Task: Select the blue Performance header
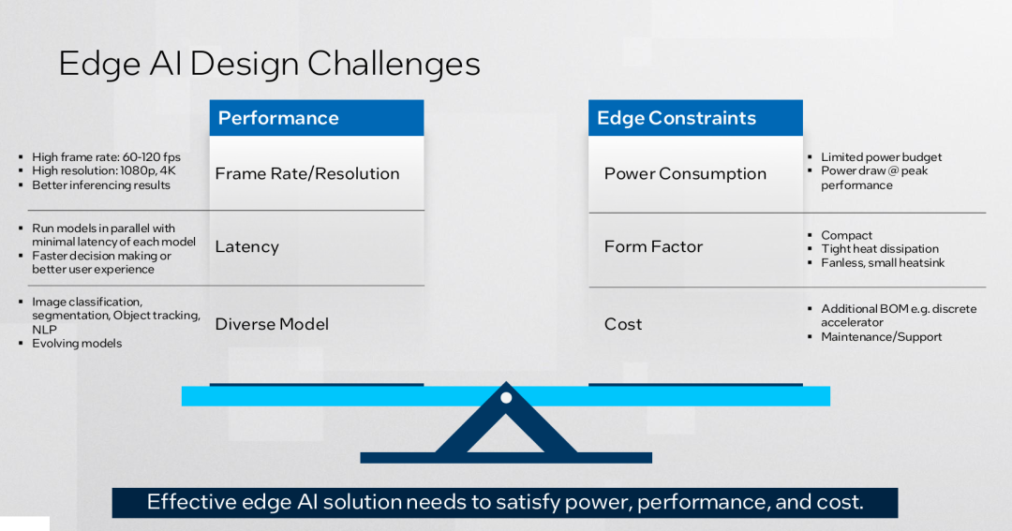click(317, 117)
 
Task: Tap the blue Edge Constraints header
click(695, 117)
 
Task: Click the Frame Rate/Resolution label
click(307, 173)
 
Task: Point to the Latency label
click(247, 246)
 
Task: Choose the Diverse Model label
click(272, 324)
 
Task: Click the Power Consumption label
click(685, 173)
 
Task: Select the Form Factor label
click(653, 246)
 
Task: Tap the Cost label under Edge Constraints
click(623, 324)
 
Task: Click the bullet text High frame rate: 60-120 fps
click(107, 156)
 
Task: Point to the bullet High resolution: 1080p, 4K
click(104, 171)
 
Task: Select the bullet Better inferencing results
click(101, 185)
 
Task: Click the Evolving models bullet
click(77, 344)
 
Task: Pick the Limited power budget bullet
click(881, 156)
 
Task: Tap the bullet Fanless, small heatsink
click(883, 262)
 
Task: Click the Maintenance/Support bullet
click(881, 337)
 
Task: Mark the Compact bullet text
click(846, 235)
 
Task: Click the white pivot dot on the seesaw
click(506, 397)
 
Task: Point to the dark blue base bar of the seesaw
click(506, 457)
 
